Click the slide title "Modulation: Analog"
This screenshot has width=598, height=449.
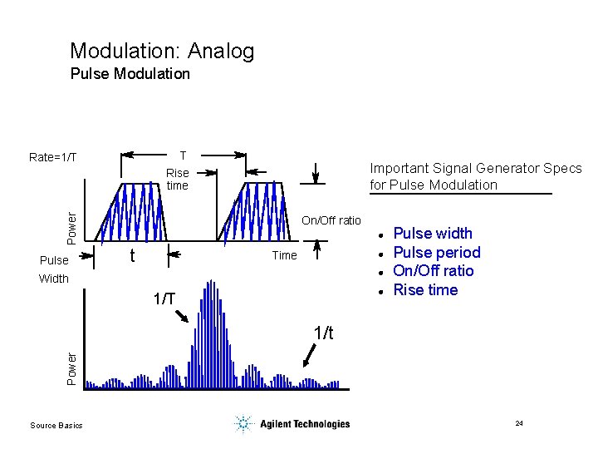coord(162,52)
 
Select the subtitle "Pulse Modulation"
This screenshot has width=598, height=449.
coord(130,74)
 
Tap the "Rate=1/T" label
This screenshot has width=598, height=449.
coord(52,157)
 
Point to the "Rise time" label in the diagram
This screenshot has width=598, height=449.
coord(177,180)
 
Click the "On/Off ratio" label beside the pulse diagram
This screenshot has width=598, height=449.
coord(331,220)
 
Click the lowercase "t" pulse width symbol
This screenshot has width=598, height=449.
coord(131,256)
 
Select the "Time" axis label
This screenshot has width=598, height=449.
coord(284,255)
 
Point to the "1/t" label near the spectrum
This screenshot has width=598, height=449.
coord(324,333)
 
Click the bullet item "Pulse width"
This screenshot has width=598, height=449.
coord(432,234)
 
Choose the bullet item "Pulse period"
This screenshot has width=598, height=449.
coord(436,252)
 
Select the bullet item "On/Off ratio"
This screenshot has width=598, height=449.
coord(433,271)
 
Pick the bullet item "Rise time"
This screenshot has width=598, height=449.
coord(425,290)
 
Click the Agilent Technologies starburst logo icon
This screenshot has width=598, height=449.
coord(243,424)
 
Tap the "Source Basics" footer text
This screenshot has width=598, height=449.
coord(56,426)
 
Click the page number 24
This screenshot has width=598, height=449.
coord(519,424)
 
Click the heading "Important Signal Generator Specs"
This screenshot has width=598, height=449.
coord(475,169)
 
